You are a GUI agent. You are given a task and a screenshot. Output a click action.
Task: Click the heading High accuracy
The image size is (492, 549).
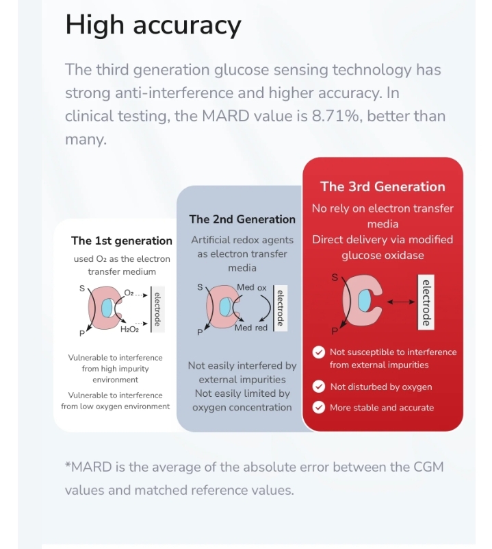pos(153,25)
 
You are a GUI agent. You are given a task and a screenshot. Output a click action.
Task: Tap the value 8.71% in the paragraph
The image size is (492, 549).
pos(337,116)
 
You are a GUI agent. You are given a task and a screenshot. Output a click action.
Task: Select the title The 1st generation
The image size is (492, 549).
pos(122,241)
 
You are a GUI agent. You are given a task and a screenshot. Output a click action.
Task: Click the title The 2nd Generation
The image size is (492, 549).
pos(242,219)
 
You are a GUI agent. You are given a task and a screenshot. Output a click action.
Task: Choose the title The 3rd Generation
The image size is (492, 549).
pos(383,186)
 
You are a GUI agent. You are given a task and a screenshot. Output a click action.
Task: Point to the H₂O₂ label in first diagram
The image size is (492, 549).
pos(129,330)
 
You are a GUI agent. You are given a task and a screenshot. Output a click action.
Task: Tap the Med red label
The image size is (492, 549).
pos(251,328)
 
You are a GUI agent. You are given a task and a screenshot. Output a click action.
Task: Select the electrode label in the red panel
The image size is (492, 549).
pos(426,302)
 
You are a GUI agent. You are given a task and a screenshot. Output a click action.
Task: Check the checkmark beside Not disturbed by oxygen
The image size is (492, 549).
pos(318,387)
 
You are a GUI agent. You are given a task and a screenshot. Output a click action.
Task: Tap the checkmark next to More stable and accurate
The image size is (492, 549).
pos(318,407)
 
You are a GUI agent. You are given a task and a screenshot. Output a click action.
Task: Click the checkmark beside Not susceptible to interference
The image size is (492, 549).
pos(318,352)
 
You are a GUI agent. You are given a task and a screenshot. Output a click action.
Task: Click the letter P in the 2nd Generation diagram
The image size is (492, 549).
pos(200,332)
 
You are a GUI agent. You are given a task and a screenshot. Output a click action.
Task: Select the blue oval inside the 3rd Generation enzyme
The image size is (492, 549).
pos(365,301)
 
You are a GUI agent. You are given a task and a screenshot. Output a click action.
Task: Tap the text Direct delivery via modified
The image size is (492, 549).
pos(383,239)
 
